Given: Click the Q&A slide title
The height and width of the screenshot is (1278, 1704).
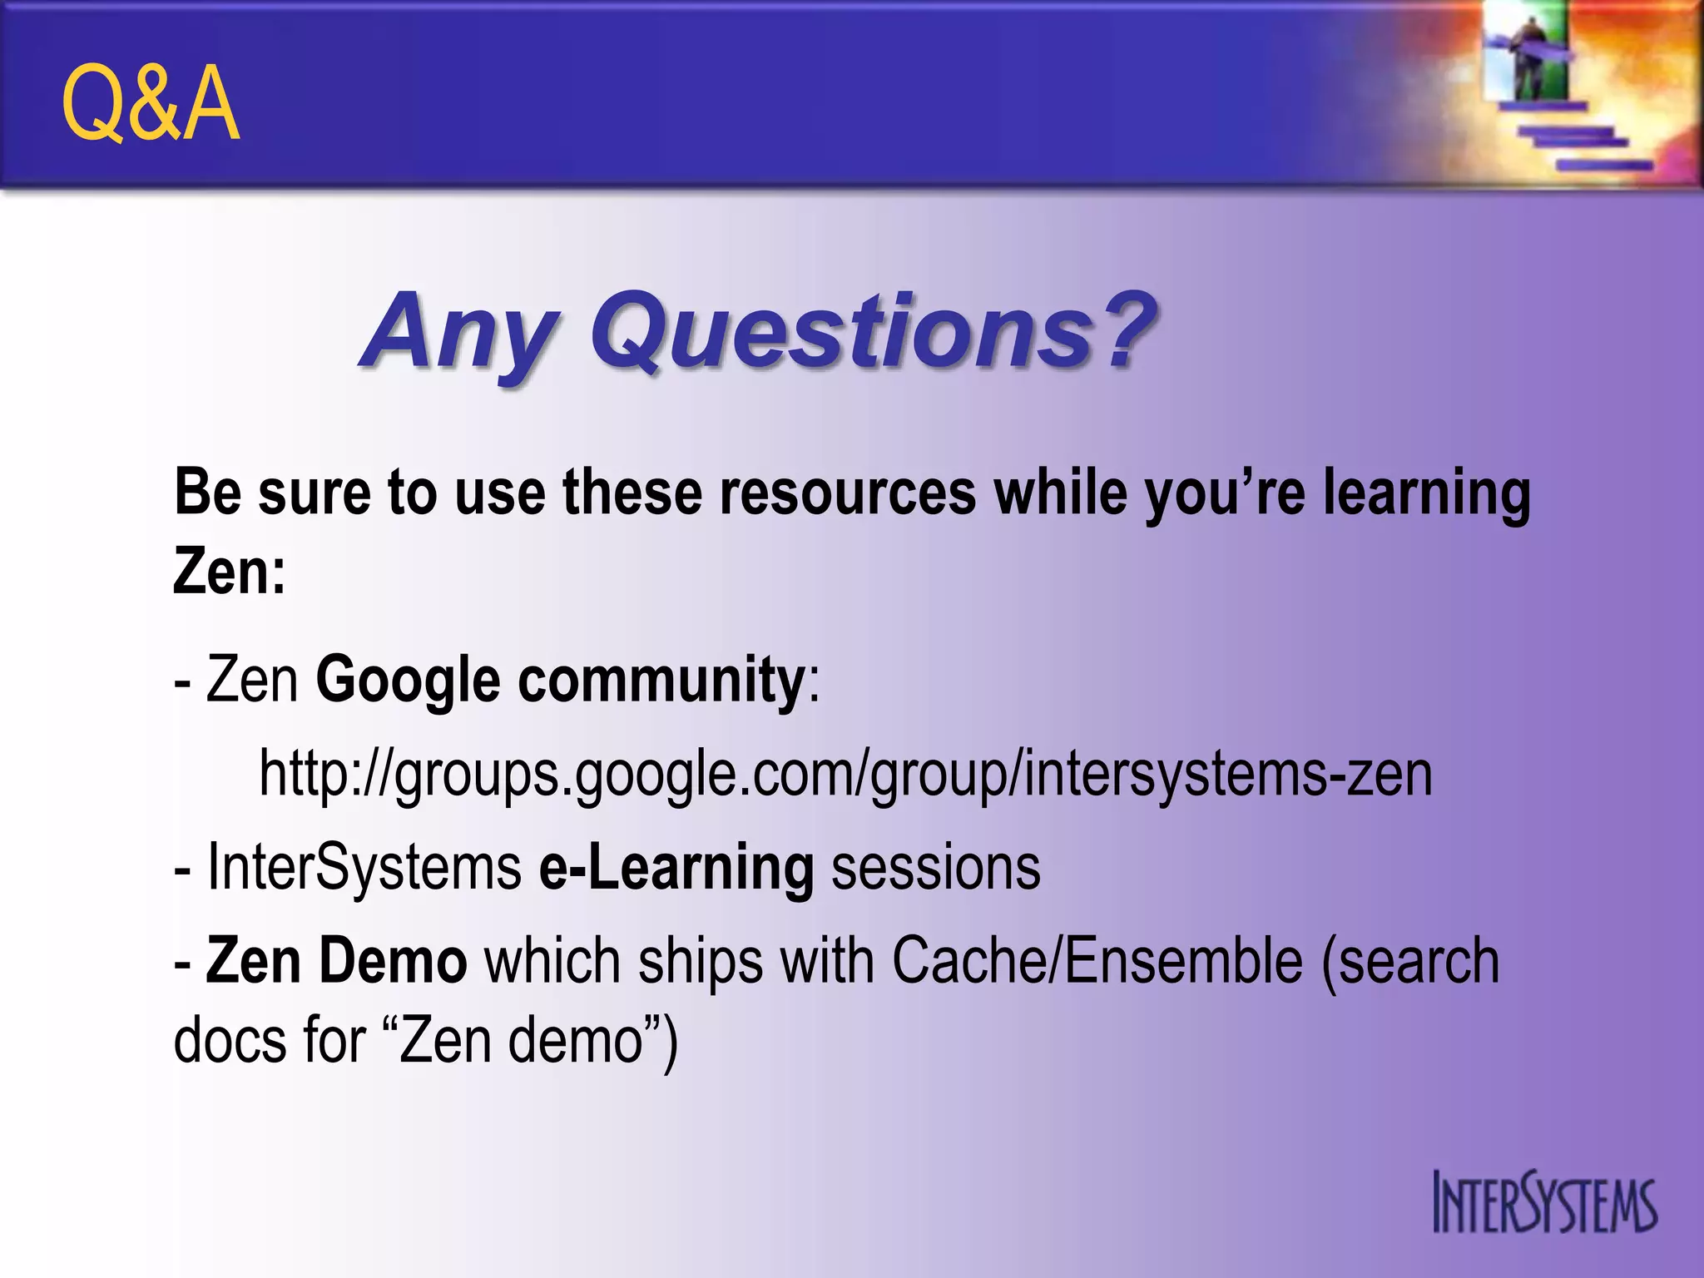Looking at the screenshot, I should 151,104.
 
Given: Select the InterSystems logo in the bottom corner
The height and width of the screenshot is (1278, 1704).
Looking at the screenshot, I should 1544,1203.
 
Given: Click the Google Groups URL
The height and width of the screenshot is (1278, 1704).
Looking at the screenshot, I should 845,774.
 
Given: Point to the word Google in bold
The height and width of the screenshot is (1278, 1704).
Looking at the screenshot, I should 408,681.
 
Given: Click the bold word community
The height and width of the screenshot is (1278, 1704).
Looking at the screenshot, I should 661,681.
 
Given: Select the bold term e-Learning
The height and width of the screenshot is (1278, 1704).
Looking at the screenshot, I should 676,868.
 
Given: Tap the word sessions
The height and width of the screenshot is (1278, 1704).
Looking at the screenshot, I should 936,868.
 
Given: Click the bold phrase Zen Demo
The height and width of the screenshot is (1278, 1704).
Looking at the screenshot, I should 336,961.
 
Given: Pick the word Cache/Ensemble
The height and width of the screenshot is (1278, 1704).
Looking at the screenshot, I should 1097,961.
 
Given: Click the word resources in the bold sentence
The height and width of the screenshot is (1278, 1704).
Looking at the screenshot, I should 848,493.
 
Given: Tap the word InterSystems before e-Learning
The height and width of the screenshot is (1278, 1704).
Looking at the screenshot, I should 364,868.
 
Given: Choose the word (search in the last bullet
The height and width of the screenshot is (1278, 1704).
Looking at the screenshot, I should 1411,961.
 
